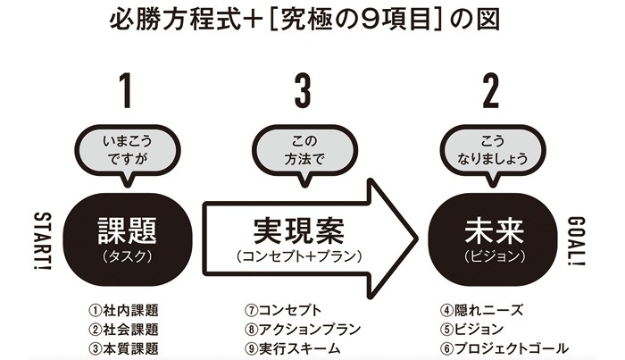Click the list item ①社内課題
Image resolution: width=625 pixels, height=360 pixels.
click(124, 311)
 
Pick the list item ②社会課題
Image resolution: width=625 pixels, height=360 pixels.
click(124, 330)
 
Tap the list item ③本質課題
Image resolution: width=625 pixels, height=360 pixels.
click(124, 348)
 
